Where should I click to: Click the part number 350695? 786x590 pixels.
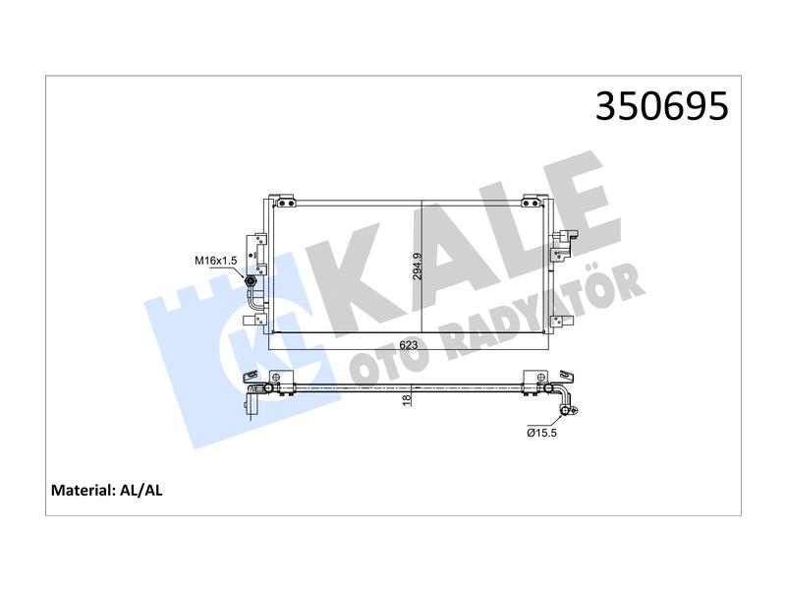click(661, 106)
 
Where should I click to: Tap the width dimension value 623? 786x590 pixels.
click(409, 345)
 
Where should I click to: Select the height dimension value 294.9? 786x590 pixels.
click(418, 265)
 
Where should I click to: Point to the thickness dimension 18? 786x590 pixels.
click(406, 399)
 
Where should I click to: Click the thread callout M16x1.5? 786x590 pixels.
click(215, 261)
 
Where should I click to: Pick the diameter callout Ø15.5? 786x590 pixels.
click(541, 433)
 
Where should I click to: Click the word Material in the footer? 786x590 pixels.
click(84, 490)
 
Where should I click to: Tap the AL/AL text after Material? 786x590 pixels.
click(141, 490)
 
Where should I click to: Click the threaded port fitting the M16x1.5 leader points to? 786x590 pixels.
click(251, 281)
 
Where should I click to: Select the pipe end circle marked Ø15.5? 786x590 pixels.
click(566, 411)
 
